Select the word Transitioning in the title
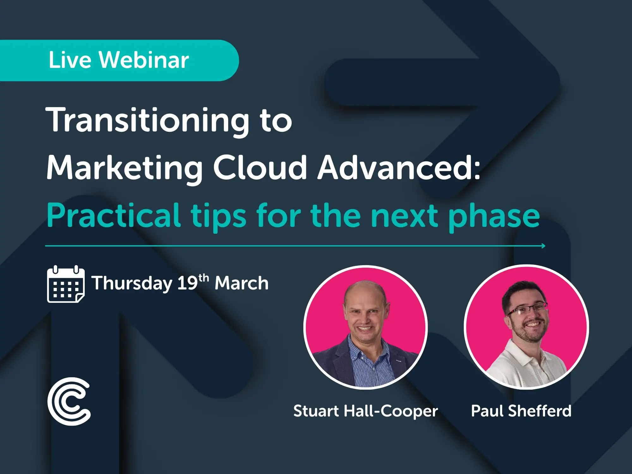[x=147, y=120]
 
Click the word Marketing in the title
[x=125, y=168]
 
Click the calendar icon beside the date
[x=66, y=284]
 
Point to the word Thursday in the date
[x=132, y=283]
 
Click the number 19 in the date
[x=187, y=283]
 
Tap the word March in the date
[x=241, y=283]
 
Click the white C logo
[x=69, y=401]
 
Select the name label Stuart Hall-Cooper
[x=366, y=411]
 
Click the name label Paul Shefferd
[x=521, y=411]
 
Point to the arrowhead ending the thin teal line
[x=543, y=246]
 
